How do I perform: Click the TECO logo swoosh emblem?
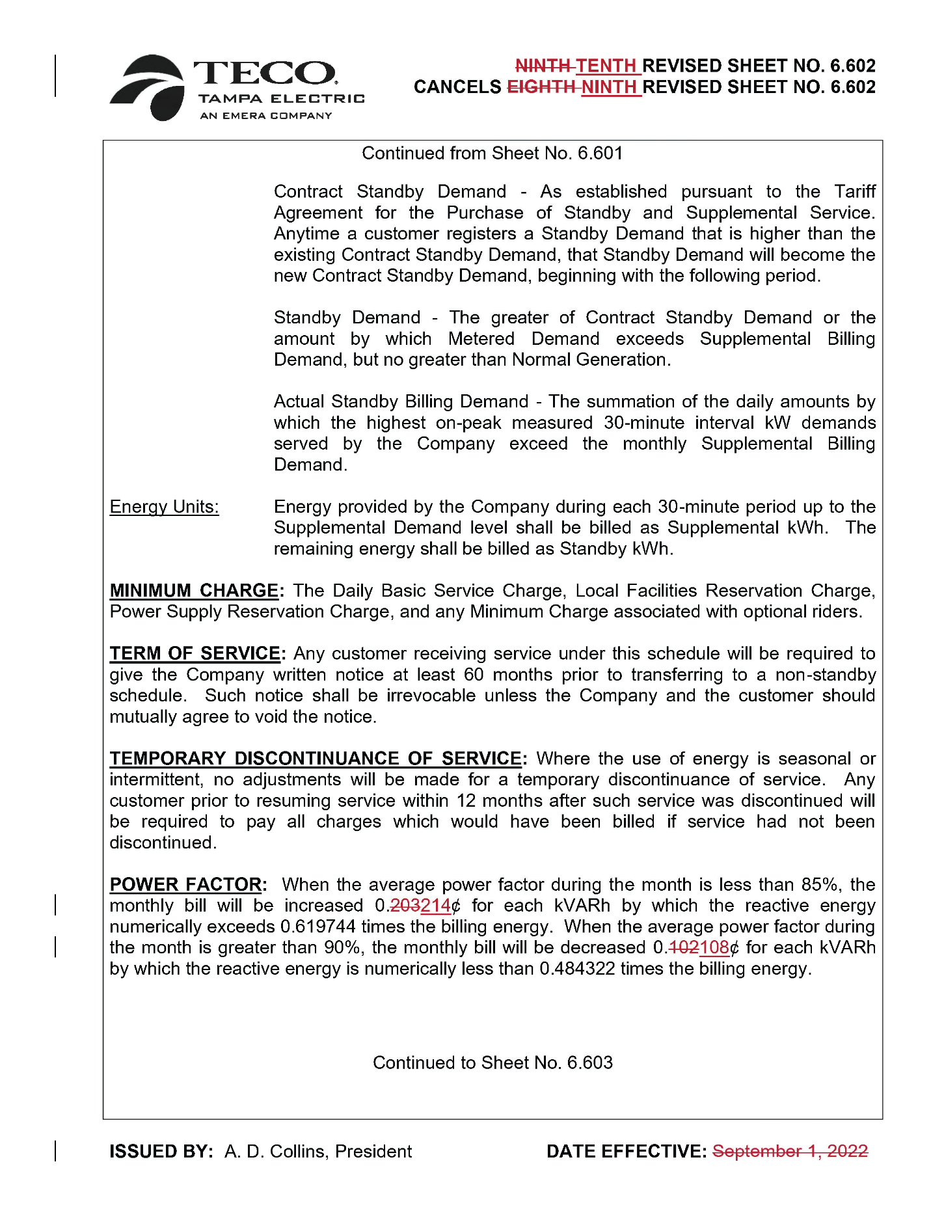[146, 87]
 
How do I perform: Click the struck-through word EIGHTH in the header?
[540, 87]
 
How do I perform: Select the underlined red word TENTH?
[606, 66]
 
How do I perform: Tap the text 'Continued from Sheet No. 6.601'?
[492, 154]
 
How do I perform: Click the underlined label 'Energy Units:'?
[164, 507]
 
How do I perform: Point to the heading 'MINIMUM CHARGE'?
[194, 591]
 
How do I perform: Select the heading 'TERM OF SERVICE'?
[195, 653]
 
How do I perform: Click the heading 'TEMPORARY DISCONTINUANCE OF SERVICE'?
[316, 759]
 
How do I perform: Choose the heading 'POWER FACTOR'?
[185, 885]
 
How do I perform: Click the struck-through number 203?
[405, 906]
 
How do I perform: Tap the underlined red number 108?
[714, 947]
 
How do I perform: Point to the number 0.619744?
[318, 927]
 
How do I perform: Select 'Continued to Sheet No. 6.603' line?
[492, 1063]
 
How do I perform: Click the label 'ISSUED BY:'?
[161, 1152]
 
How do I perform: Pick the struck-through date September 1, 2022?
[790, 1152]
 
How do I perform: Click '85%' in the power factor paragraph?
[821, 885]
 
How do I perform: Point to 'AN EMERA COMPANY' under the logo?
[266, 116]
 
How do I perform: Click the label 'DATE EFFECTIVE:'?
[626, 1152]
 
